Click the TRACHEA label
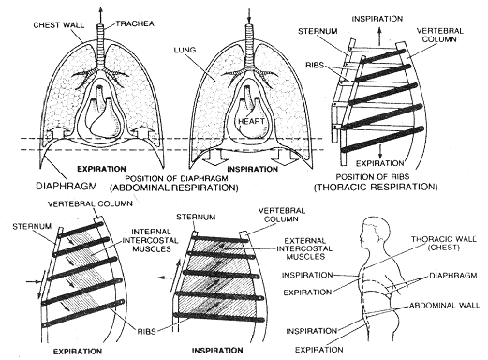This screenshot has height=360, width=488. coord(135,23)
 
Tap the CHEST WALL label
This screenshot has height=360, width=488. coord(59,25)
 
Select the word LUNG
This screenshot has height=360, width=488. coord(185,50)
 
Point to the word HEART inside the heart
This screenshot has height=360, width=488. coord(251,121)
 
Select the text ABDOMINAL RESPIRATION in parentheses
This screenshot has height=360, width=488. coord(174,188)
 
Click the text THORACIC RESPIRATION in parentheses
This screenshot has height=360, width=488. coord(376,187)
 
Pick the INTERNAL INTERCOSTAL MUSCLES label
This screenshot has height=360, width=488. coord(151,240)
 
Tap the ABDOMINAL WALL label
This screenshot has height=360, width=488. coord(444,306)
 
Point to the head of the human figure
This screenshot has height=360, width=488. coord(375,232)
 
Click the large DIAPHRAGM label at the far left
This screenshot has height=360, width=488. coord(67,186)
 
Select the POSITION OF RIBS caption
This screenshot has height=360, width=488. coord(373,177)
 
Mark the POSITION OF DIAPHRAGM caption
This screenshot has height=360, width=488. coord(176,178)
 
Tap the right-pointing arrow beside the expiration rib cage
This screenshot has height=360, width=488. coord(33,281)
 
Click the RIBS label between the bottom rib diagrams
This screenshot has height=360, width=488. coord(146,331)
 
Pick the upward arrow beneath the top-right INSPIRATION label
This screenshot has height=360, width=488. coord(379,36)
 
